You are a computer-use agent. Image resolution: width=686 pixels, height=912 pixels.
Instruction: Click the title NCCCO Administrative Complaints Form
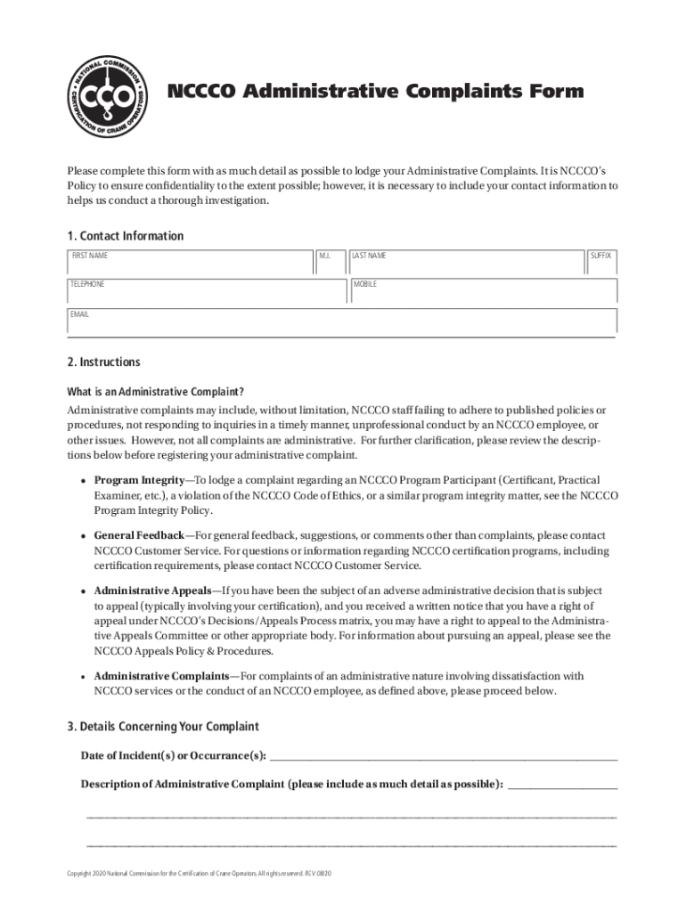click(376, 92)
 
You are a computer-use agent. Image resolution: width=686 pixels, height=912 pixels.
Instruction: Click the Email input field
click(342, 321)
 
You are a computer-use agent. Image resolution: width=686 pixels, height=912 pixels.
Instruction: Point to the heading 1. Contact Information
click(126, 236)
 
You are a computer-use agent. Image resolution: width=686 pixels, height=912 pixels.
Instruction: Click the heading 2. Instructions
click(103, 362)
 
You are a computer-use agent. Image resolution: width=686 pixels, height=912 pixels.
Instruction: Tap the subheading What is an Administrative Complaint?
click(156, 391)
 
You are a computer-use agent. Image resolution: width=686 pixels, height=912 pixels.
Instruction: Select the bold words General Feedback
click(138, 535)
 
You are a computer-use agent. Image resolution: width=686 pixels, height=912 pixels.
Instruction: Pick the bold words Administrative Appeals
click(152, 590)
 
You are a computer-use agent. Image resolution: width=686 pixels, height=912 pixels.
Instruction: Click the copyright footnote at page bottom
click(200, 875)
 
